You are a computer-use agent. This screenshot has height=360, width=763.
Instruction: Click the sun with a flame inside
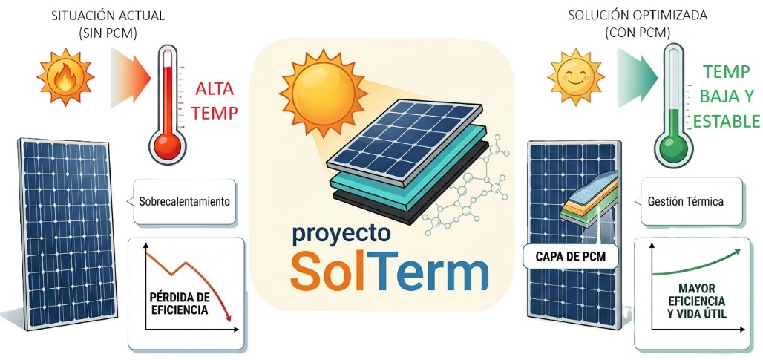(65, 77)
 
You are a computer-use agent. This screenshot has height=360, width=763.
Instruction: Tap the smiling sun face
(576, 76)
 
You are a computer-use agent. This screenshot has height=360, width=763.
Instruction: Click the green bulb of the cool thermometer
(673, 147)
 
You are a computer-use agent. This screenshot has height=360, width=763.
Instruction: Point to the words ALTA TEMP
(215, 101)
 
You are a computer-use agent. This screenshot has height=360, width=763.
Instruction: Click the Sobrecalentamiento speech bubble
(184, 201)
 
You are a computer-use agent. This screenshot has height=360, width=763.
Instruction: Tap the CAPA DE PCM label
(571, 256)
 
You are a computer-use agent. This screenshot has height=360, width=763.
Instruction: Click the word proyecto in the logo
(341, 234)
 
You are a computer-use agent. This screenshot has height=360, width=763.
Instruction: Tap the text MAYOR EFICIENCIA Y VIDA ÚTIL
(696, 300)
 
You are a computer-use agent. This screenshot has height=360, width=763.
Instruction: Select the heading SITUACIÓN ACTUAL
(108, 16)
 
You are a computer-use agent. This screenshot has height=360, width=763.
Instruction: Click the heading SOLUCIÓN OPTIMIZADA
(638, 16)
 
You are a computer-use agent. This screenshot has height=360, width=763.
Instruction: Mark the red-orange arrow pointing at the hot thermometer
(128, 76)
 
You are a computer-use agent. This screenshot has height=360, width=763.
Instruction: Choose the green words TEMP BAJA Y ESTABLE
(725, 96)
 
